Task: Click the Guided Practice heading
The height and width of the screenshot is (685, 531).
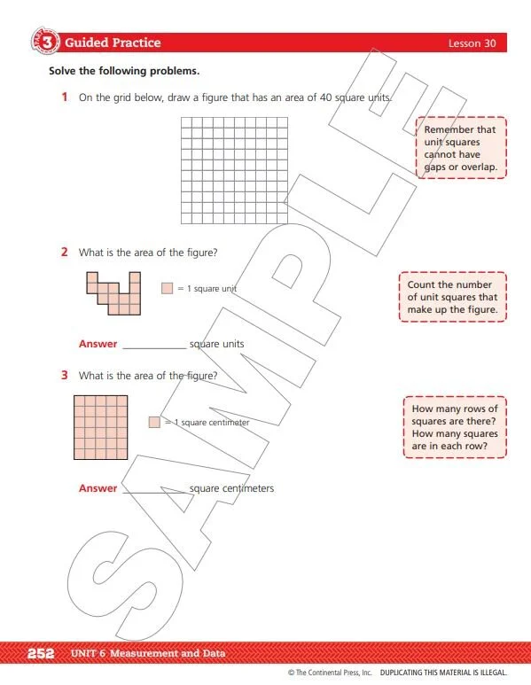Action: click(113, 43)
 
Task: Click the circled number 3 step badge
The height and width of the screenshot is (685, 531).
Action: click(47, 43)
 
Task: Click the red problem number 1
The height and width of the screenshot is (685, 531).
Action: click(65, 97)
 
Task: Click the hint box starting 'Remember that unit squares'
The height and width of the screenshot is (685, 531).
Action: click(460, 148)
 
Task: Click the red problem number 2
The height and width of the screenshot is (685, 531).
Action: click(65, 253)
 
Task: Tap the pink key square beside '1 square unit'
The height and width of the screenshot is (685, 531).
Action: click(167, 288)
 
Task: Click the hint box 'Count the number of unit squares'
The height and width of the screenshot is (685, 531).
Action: click(452, 298)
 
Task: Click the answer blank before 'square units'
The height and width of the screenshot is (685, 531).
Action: click(154, 344)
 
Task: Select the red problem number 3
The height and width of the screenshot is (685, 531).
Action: click(65, 375)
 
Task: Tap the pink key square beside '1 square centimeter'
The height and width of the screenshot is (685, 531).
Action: click(154, 423)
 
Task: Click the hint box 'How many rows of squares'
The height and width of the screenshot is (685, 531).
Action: click(455, 427)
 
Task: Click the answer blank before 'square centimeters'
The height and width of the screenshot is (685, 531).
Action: click(154, 488)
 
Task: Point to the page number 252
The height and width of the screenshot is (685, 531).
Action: click(42, 654)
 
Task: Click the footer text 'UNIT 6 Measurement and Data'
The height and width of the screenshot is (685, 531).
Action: click(147, 654)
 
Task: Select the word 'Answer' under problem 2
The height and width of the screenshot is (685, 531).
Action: click(98, 344)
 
